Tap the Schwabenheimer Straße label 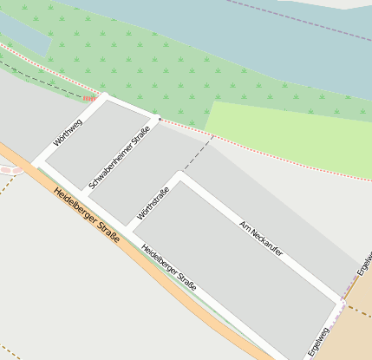120,157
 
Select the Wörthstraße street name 152,201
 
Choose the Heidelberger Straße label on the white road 168,267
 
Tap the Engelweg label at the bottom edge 319,341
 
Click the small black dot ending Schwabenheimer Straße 160,118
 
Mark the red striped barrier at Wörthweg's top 89,99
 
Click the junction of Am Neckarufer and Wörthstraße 180,176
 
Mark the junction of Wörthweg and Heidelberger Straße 37,163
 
